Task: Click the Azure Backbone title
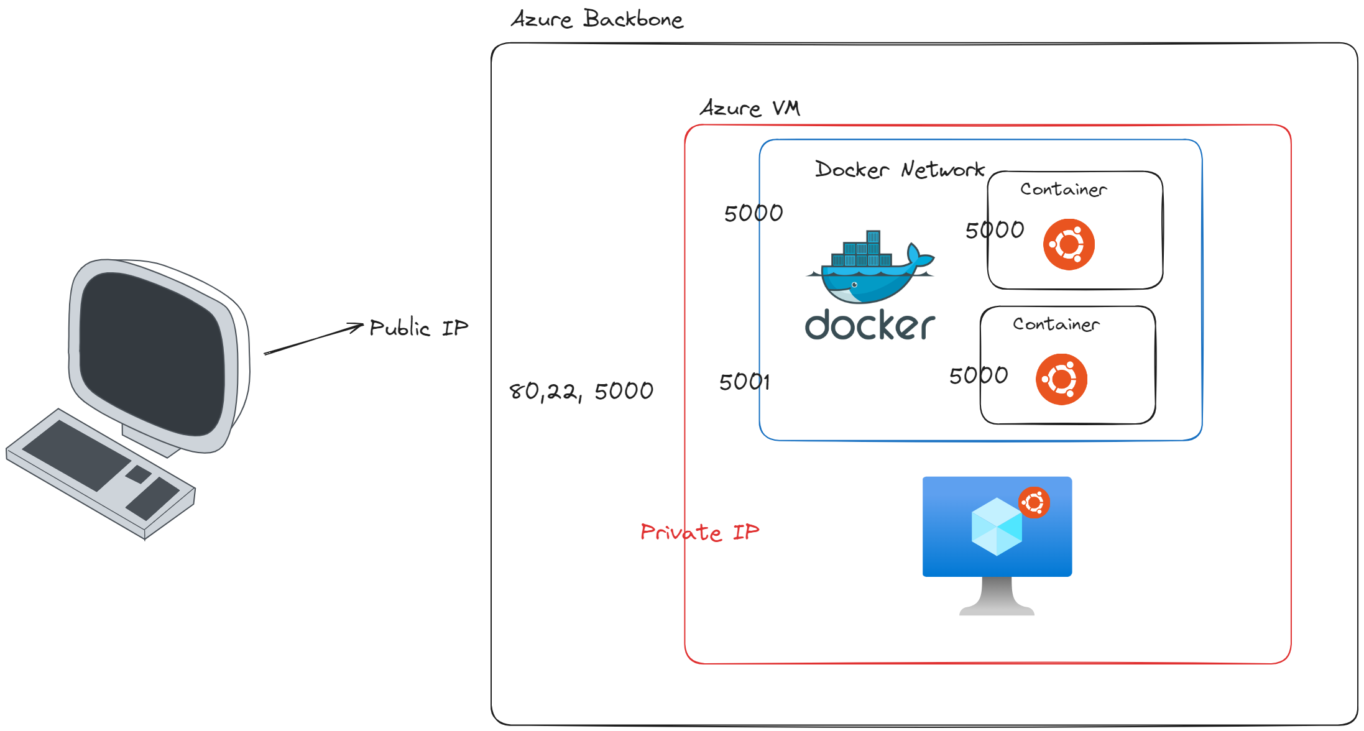coord(597,19)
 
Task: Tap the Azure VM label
coord(750,108)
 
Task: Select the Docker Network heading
coord(900,170)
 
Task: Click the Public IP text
coord(418,328)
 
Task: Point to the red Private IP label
coord(699,532)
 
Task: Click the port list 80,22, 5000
coord(581,391)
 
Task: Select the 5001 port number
coord(744,382)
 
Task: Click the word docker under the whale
coord(870,325)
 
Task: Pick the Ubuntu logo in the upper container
coord(1069,244)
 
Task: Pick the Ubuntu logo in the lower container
coord(1061,379)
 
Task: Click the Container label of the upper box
coord(1063,189)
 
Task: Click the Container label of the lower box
coord(1056,324)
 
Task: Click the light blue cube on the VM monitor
coord(996,527)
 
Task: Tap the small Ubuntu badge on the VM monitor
coord(1034,502)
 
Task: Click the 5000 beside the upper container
coord(994,230)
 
